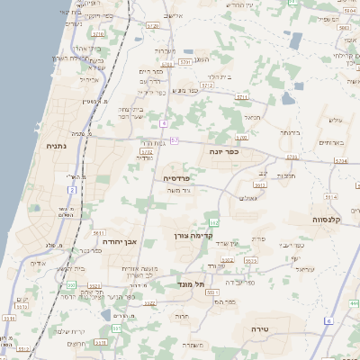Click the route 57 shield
click(x=174, y=140)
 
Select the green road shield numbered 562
click(x=213, y=221)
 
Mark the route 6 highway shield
click(x=329, y=321)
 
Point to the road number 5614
click(x=330, y=196)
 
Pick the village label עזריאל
click(x=303, y=269)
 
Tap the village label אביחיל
click(x=88, y=79)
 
